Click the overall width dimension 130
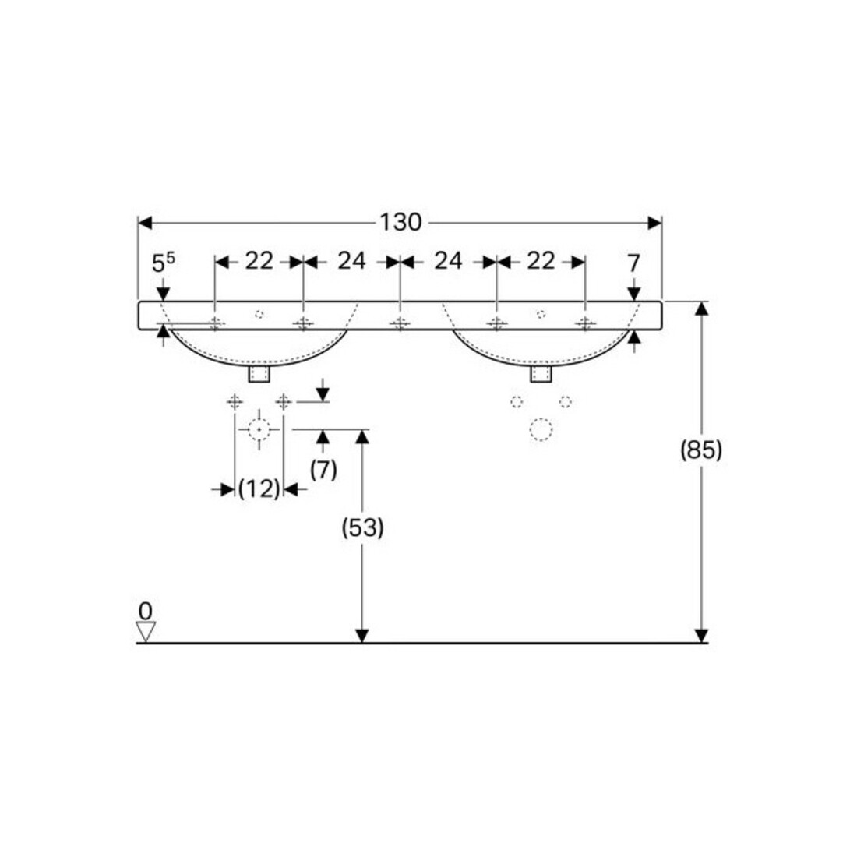point(400,223)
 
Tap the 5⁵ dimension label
point(164,263)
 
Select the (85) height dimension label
point(701,450)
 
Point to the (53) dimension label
point(362,528)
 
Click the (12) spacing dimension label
point(259,488)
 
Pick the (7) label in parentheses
point(323,470)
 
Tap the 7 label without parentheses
point(633,263)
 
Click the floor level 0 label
point(146,611)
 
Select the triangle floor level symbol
point(146,631)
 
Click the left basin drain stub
point(259,374)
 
